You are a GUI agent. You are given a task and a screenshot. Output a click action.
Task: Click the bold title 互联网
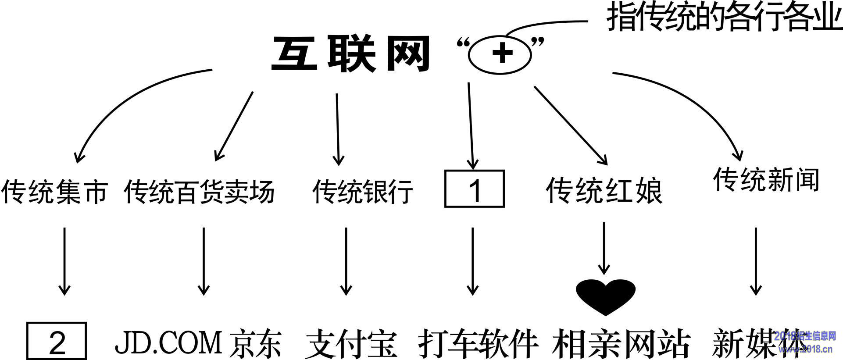pyautogui.click(x=350, y=55)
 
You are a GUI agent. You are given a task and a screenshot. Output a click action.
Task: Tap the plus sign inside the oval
pyautogui.click(x=502, y=53)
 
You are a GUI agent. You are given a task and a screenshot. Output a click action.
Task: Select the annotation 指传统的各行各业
pyautogui.click(x=724, y=19)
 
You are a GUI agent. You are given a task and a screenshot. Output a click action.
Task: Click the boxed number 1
pyautogui.click(x=475, y=189)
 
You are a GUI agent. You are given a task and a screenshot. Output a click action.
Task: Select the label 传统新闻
pyautogui.click(x=766, y=179)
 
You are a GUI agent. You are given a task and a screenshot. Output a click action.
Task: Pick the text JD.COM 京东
pyautogui.click(x=198, y=344)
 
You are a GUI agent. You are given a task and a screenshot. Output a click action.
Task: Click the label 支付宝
pyautogui.click(x=351, y=344)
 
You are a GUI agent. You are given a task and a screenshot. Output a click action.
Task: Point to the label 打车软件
pyautogui.click(x=478, y=344)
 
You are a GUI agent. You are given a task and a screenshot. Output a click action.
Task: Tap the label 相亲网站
pyautogui.click(x=621, y=344)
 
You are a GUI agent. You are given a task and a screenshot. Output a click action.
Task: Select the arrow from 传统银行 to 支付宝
pyautogui.click(x=346, y=261)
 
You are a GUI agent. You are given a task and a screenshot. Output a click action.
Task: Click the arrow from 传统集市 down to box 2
pyautogui.click(x=64, y=261)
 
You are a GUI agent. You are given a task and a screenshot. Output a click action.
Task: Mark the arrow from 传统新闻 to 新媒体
pyautogui.click(x=755, y=261)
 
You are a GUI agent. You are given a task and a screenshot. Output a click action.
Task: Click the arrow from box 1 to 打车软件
pyautogui.click(x=472, y=261)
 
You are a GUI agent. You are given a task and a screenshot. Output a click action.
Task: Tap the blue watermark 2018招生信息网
pyautogui.click(x=805, y=337)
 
